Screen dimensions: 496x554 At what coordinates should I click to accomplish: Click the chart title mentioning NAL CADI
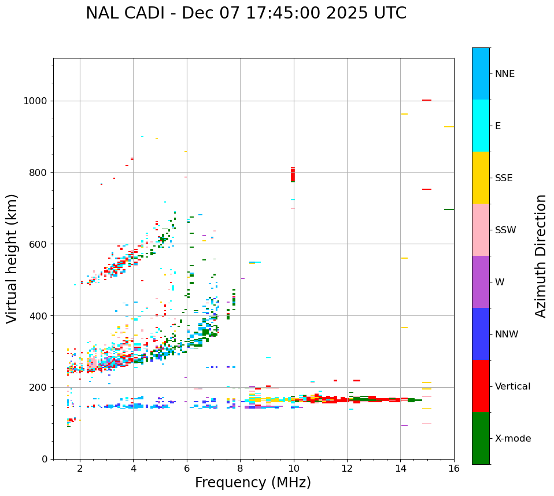tap(246, 13)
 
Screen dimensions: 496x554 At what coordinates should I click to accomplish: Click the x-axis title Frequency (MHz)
tap(253, 483)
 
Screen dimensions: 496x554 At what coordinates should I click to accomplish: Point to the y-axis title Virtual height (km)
tap(12, 258)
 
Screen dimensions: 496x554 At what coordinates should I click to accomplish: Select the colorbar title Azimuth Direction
tap(541, 256)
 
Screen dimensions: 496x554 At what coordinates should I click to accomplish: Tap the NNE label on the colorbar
tap(504, 74)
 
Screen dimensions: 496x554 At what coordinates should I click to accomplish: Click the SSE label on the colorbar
tap(503, 178)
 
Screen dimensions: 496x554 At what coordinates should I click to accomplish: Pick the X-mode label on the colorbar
tap(512, 439)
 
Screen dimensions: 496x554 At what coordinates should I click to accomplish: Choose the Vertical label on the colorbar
tap(512, 387)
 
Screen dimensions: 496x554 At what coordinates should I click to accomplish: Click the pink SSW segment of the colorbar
tap(481, 230)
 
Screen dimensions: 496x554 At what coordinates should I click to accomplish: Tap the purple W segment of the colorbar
tap(481, 282)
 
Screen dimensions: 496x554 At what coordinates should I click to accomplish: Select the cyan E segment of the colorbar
tap(481, 126)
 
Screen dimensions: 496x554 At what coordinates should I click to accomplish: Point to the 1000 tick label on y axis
tap(36, 101)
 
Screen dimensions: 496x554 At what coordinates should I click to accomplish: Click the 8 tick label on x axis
tap(240, 468)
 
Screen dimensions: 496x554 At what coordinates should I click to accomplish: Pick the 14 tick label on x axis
tap(400, 468)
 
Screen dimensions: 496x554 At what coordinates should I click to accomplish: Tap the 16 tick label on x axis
tap(454, 468)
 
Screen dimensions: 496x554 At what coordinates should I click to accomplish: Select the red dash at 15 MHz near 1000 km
tap(427, 100)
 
